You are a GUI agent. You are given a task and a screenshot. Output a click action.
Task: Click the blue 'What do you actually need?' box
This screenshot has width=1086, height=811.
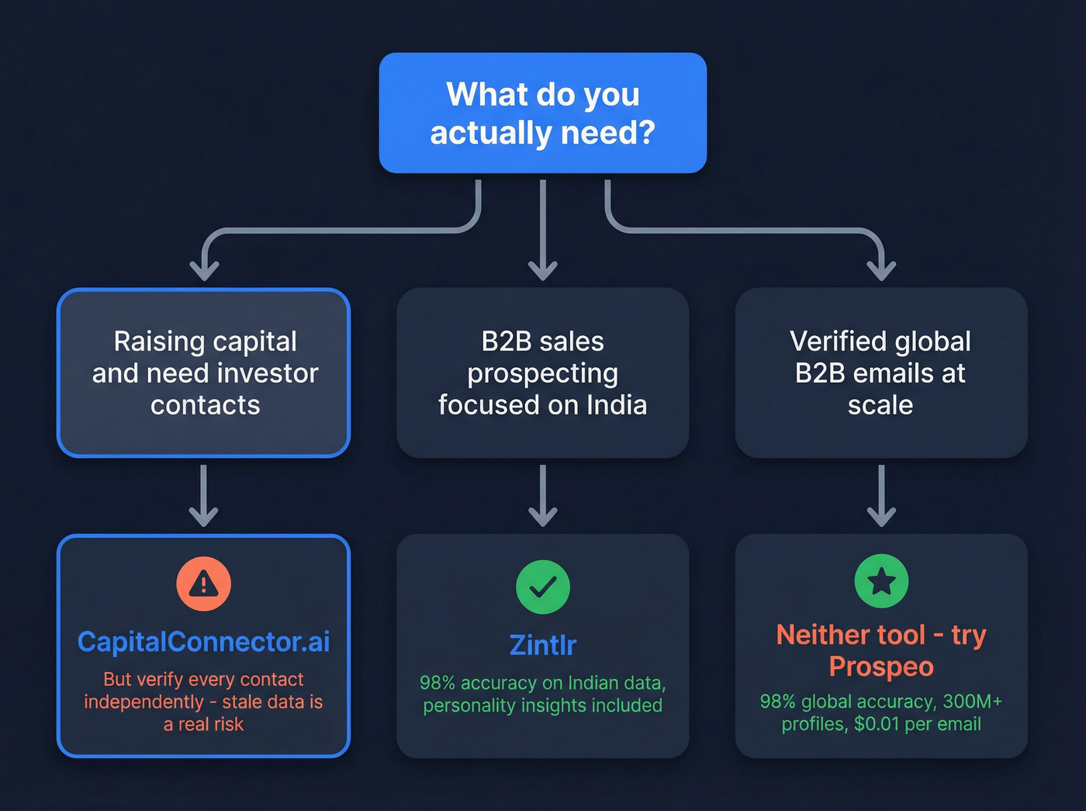[x=542, y=113]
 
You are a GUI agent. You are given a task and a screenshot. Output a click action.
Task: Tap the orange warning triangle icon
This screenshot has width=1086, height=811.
[x=203, y=584]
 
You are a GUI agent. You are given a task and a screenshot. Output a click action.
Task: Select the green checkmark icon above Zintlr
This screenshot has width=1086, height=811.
[x=542, y=587]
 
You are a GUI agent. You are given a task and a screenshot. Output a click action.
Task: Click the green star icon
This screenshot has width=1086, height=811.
[x=881, y=581]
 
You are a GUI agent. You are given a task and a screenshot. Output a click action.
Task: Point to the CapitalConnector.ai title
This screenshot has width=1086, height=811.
[x=203, y=642]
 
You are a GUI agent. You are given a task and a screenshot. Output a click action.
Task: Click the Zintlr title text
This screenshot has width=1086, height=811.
[x=542, y=645]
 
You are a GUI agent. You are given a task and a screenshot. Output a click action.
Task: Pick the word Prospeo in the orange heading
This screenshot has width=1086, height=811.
[x=881, y=667]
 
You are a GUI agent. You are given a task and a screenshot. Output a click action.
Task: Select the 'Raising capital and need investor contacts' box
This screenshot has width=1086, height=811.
[x=203, y=373]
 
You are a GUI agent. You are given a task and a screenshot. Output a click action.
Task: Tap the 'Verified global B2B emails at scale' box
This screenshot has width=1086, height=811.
[x=881, y=373]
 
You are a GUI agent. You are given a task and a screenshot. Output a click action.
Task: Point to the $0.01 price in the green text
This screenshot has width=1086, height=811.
[x=877, y=724]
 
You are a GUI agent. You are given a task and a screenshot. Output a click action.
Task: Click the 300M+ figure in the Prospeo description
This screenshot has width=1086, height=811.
[x=972, y=702]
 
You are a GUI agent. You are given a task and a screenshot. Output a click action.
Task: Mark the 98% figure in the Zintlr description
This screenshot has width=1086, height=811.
[x=437, y=683]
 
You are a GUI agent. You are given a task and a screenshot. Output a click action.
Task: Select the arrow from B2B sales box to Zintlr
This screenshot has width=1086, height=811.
[x=542, y=497]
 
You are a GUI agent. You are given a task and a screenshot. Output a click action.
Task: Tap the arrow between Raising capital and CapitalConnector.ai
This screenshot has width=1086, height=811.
[x=203, y=497]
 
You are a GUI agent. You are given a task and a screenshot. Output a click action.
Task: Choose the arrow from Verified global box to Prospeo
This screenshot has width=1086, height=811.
[x=881, y=497]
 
